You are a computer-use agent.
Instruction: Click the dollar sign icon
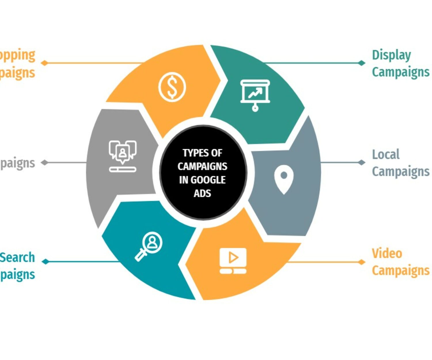[172, 87]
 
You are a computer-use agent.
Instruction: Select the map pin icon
[284, 179]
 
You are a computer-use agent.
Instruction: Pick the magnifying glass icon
[149, 246]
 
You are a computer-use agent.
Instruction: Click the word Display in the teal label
[391, 55]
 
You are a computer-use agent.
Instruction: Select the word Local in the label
[386, 154]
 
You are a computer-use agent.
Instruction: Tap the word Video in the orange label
[387, 253]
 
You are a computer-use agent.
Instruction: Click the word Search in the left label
[17, 257]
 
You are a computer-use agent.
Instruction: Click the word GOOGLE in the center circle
[208, 180]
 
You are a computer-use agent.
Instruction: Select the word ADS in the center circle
[202, 193]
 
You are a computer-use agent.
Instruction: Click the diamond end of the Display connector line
[361, 63]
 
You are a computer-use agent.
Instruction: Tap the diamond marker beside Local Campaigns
[361, 162]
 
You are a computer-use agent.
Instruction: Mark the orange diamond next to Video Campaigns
[361, 262]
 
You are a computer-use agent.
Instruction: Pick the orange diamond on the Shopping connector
[44, 63]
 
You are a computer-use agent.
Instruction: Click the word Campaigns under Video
[401, 271]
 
